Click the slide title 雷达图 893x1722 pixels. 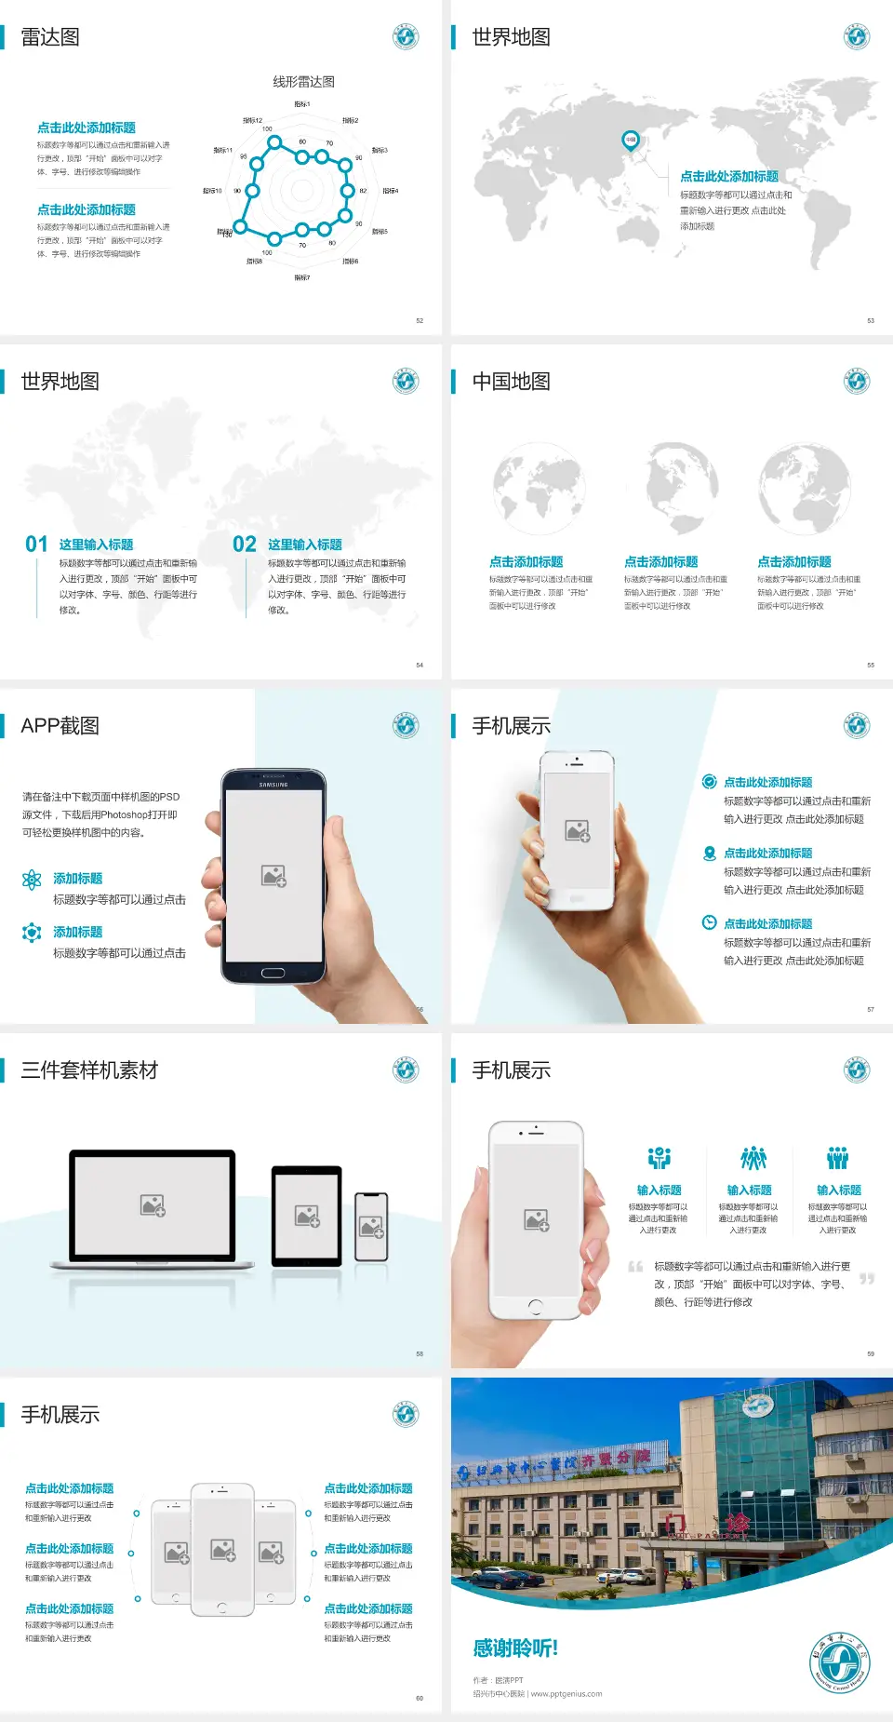click(x=50, y=37)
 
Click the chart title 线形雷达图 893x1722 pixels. click(x=303, y=82)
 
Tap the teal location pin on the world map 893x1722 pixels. click(x=630, y=141)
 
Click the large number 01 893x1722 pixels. click(x=36, y=545)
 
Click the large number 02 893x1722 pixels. click(x=245, y=545)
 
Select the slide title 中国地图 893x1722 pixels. click(x=511, y=382)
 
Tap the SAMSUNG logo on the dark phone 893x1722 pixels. click(x=273, y=785)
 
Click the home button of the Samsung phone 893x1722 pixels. click(x=273, y=973)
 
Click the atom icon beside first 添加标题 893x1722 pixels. click(x=32, y=880)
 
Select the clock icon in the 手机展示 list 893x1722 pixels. click(x=709, y=922)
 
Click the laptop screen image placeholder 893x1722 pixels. click(x=153, y=1205)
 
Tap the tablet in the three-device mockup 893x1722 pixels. click(x=307, y=1216)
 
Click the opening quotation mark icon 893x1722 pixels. click(x=635, y=1267)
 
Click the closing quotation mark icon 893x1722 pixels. click(x=867, y=1279)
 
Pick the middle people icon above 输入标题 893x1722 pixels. click(x=753, y=1158)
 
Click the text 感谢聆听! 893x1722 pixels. click(x=515, y=1648)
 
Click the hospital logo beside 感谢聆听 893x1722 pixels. click(x=838, y=1662)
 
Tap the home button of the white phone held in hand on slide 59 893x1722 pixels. click(x=535, y=1307)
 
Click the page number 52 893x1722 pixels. click(x=420, y=320)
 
